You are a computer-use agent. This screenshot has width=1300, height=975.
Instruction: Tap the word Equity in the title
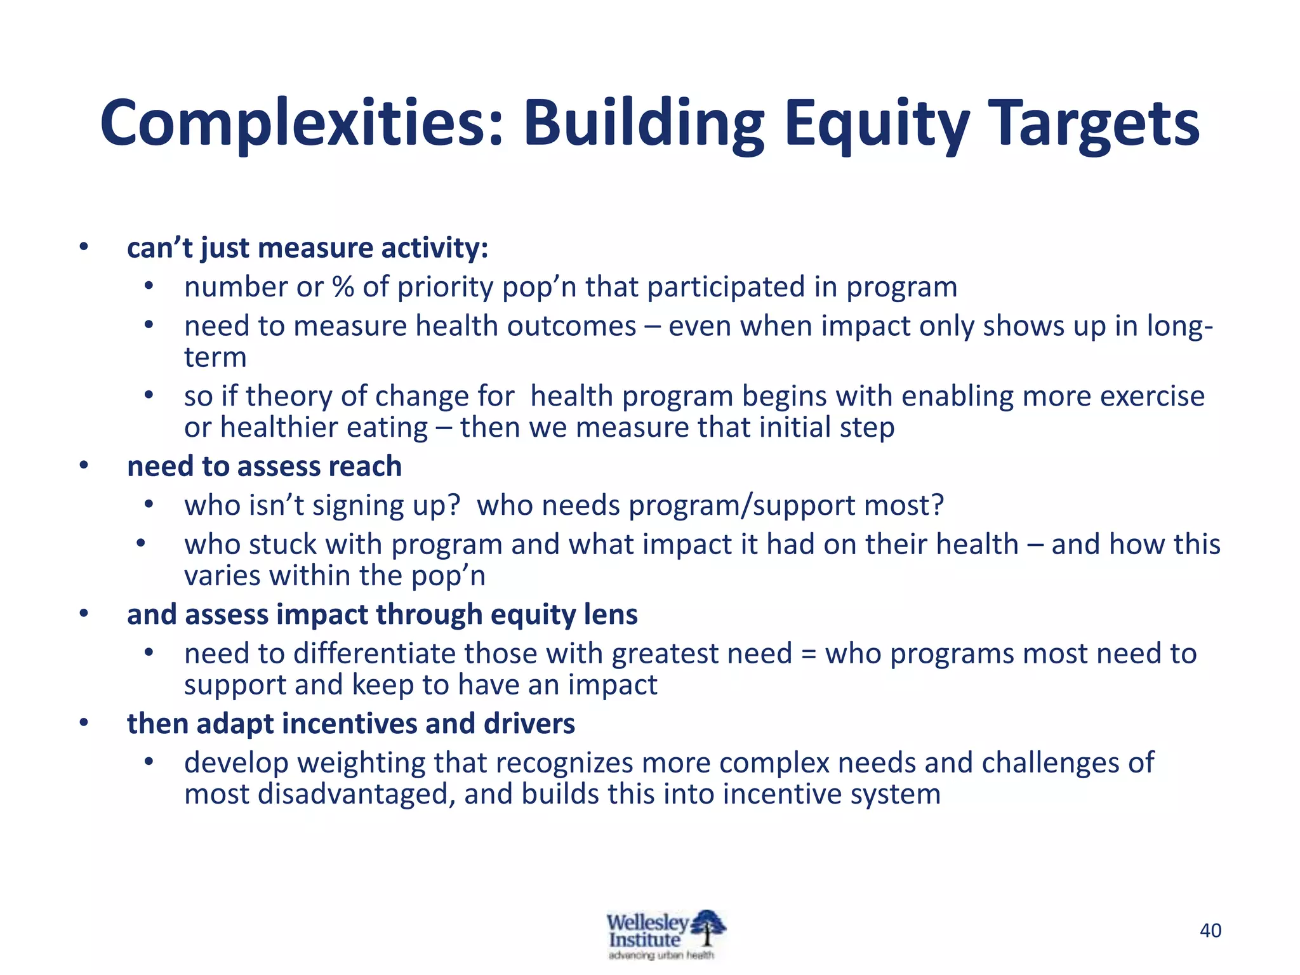click(x=877, y=124)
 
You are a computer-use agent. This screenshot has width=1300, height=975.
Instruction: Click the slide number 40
click(x=1210, y=931)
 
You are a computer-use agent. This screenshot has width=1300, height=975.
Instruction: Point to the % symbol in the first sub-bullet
click(x=343, y=287)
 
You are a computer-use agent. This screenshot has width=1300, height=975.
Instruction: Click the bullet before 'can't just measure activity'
click(x=83, y=248)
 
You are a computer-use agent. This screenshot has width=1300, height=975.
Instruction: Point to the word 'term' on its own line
click(x=215, y=357)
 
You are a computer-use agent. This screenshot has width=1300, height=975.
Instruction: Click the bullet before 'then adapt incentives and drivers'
click(x=83, y=723)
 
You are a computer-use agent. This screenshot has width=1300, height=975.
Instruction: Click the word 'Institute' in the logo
click(x=644, y=940)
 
